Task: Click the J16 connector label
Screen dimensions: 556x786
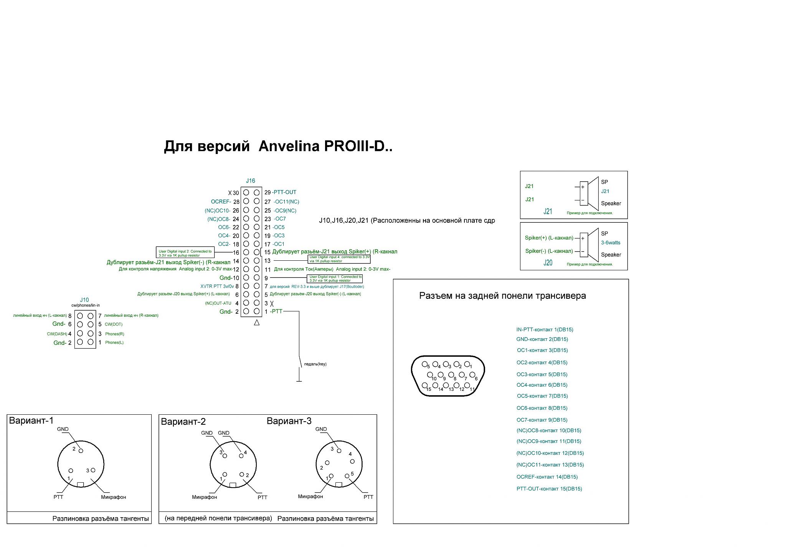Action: coord(250,180)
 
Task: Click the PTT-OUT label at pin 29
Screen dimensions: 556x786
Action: coord(284,192)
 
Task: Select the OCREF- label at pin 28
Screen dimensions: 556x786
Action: coord(221,202)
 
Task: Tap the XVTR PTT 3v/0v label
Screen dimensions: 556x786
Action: coord(217,286)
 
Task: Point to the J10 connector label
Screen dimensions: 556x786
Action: coord(84,300)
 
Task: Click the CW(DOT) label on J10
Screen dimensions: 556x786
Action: coord(114,324)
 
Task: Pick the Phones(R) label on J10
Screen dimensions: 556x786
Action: coord(115,334)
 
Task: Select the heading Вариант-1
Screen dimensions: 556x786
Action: coord(31,420)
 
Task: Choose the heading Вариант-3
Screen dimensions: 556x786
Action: coord(289,421)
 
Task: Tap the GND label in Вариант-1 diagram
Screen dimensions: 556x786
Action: coord(63,429)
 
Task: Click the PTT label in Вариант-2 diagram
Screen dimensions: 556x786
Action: coord(263,497)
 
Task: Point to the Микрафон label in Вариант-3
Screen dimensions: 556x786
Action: coord(310,496)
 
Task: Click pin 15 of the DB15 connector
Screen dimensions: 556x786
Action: coord(424,386)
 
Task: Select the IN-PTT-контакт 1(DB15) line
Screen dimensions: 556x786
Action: coord(545,329)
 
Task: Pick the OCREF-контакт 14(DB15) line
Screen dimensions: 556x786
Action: coord(547,477)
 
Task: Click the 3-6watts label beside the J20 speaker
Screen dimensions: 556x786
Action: coord(611,243)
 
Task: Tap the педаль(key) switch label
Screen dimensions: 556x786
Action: coord(315,364)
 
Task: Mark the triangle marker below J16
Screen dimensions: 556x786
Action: coord(257,323)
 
